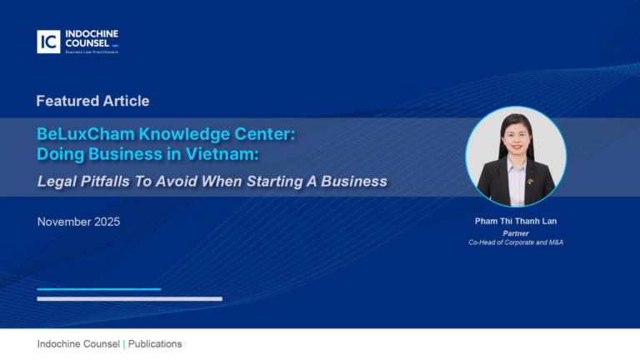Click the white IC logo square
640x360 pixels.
click(48, 42)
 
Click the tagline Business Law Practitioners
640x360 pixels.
click(92, 52)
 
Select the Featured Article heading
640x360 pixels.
click(92, 101)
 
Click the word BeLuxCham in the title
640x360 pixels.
click(76, 134)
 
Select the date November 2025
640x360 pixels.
click(78, 222)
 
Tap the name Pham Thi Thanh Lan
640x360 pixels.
click(516, 222)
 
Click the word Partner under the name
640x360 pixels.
click(516, 233)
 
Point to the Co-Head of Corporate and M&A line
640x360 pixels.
click(516, 242)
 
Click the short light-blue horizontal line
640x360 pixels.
click(98, 289)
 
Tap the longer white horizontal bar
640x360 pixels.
click(129, 298)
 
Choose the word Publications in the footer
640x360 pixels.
click(155, 344)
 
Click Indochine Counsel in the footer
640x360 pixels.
click(78, 344)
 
